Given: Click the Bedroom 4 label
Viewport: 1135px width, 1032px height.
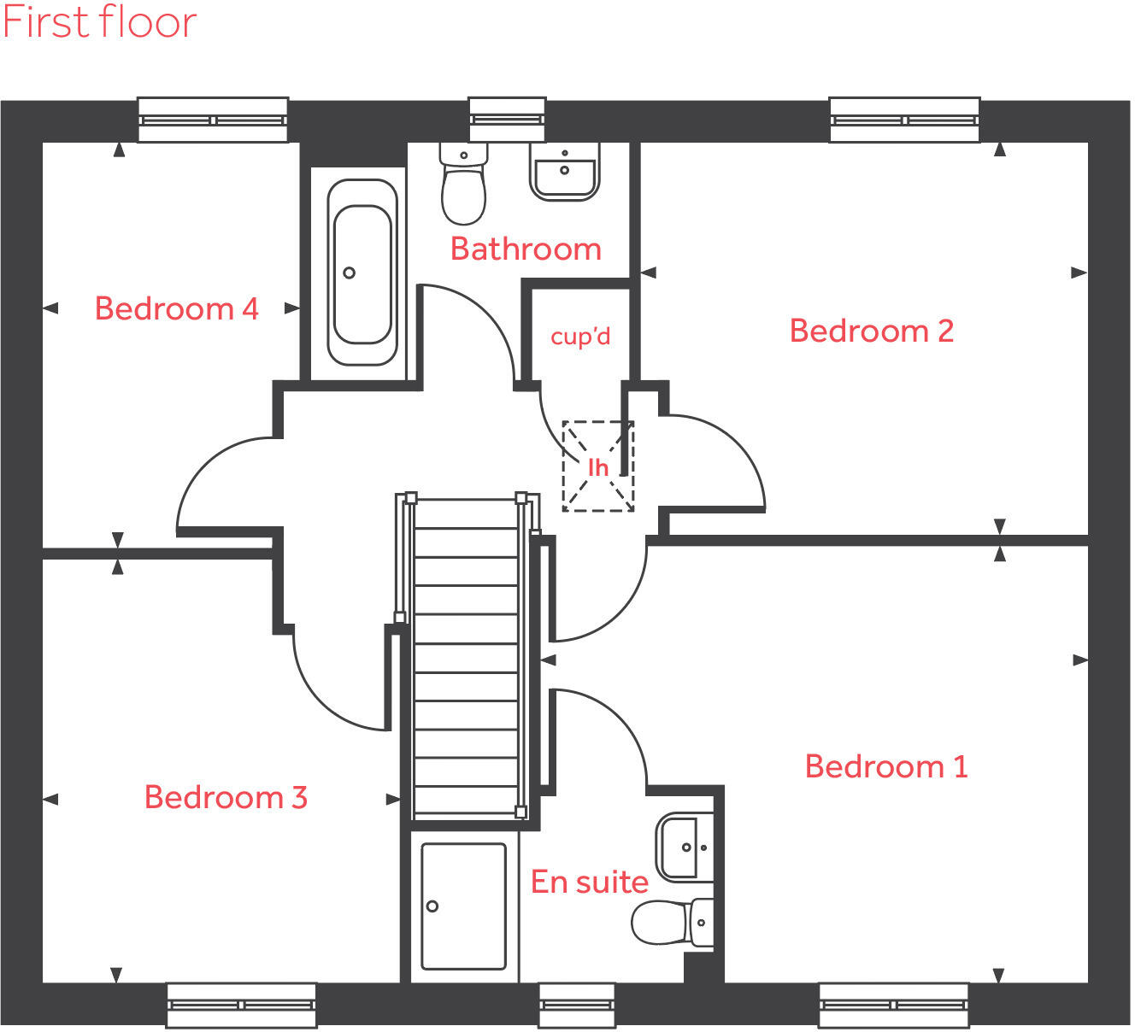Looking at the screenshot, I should pyautogui.click(x=176, y=308).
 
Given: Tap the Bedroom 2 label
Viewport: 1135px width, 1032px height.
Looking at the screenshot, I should pyautogui.click(x=871, y=331).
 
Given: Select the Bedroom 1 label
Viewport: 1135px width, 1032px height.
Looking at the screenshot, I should pyautogui.click(x=886, y=766).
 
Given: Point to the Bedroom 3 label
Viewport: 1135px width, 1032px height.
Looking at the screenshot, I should pyautogui.click(x=226, y=797).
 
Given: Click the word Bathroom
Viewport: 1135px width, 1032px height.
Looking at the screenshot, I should pyautogui.click(x=526, y=249).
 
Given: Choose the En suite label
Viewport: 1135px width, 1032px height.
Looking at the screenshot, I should pyautogui.click(x=589, y=882).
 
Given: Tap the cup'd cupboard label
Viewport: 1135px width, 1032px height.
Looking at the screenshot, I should pyautogui.click(x=580, y=337).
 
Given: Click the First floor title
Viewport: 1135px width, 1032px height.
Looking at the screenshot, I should pyautogui.click(x=99, y=22).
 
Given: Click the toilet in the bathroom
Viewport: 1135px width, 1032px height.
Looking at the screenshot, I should pyautogui.click(x=463, y=184).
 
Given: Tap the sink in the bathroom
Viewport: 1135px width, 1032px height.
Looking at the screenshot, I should pyautogui.click(x=564, y=171).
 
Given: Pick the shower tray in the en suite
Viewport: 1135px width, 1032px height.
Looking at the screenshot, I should pyautogui.click(x=463, y=906).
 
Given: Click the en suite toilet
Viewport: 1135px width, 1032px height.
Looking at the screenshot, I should pyautogui.click(x=672, y=923).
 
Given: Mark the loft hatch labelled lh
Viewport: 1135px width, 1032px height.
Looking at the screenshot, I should pyautogui.click(x=597, y=466).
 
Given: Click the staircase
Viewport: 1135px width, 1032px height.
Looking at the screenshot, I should pyautogui.click(x=466, y=658).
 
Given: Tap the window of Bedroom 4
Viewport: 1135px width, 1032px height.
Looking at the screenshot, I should pyautogui.click(x=213, y=120).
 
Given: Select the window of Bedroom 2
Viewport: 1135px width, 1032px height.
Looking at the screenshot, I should pyautogui.click(x=904, y=120).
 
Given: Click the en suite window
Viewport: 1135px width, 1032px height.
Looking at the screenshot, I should pyautogui.click(x=576, y=1006).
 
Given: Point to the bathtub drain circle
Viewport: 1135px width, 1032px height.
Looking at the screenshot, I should pyautogui.click(x=349, y=273).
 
